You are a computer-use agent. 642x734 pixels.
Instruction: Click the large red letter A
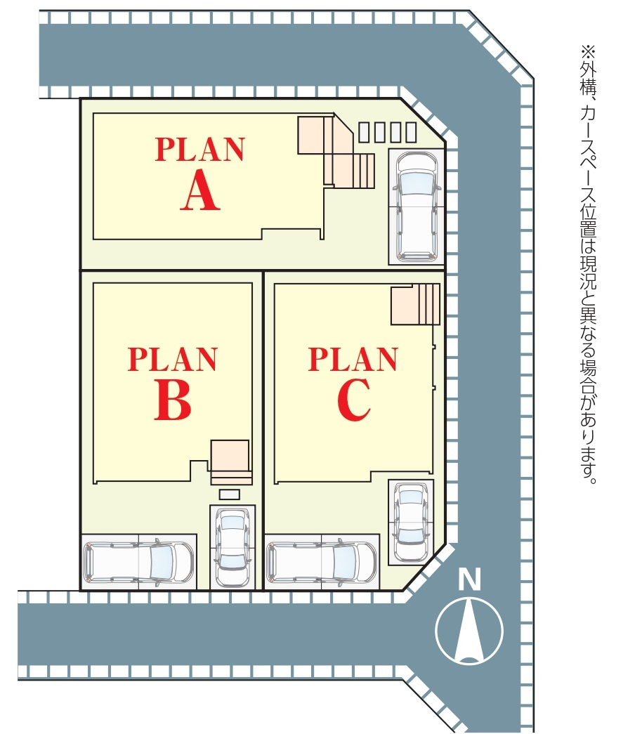pos(200,191)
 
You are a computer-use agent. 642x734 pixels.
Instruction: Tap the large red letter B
pos(173,401)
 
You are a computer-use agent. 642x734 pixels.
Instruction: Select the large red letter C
pos(353,401)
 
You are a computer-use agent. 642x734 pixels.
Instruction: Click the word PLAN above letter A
pos(200,149)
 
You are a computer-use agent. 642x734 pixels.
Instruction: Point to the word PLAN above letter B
pos(173,359)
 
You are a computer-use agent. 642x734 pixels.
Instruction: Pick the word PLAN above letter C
pos(353,359)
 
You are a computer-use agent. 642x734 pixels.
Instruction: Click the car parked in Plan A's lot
pos(416,207)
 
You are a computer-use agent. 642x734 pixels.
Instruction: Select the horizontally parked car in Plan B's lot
pos(138,563)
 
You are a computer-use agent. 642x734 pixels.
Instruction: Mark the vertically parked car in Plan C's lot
pos(410,520)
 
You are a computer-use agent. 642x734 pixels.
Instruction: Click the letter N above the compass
pos(469,580)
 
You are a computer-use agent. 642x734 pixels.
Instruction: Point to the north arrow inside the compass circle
pos(469,630)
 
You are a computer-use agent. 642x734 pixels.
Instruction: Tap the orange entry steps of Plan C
pos(415,304)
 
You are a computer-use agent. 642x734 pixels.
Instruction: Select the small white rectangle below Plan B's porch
pos(230,494)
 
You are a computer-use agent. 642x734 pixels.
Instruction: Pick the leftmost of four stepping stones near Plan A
pos(364,131)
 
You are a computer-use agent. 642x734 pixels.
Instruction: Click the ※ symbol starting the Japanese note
pos(587,52)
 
